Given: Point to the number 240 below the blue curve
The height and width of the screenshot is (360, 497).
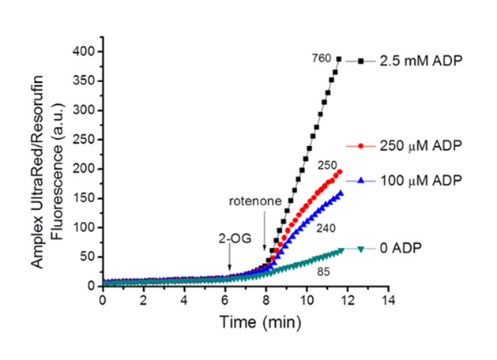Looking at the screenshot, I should coord(324,226).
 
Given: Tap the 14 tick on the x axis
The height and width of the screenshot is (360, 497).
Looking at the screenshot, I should coord(388,300).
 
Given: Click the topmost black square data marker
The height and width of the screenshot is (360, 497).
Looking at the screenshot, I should coord(338,59).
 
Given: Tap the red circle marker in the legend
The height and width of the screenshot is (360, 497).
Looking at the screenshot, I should coord(361,146).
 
